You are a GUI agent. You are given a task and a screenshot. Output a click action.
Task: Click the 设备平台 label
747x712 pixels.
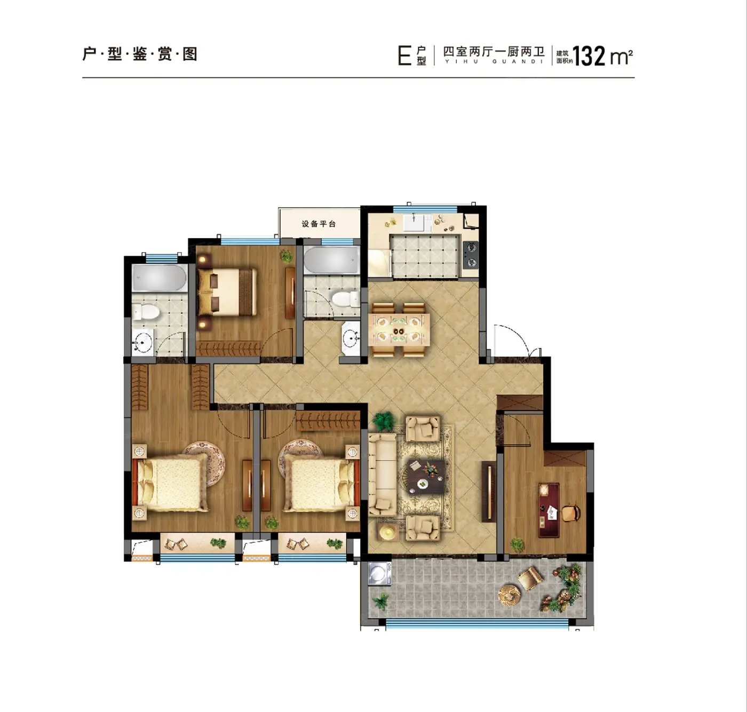pos(319,224)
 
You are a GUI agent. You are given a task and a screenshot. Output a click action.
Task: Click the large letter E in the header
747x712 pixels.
pos(404,56)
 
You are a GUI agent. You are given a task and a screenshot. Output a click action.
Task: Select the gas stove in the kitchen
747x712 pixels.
pos(471,255)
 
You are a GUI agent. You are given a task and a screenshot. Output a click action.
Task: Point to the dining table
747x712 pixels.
pos(399,330)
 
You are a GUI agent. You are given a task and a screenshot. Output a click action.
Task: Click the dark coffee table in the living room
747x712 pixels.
pos(426,476)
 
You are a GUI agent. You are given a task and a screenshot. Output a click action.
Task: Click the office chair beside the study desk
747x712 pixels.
pos(571,513)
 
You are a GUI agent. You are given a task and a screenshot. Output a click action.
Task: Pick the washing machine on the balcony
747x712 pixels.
pos(379,573)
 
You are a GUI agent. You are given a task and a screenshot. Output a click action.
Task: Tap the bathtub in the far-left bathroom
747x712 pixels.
pos(160,278)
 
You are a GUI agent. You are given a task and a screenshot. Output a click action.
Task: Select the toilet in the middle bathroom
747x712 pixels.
pos(345,298)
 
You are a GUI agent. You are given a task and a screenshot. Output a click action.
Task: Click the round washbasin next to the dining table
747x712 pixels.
pos(351,338)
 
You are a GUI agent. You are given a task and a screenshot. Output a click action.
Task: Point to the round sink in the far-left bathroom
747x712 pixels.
pos(142,342)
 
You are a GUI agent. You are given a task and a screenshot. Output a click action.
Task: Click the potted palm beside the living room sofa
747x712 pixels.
pos(383,421)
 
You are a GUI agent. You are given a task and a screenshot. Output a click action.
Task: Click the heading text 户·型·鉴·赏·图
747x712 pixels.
pos(140,53)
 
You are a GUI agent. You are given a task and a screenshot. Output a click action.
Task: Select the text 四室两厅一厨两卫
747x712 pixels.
pos(494,51)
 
